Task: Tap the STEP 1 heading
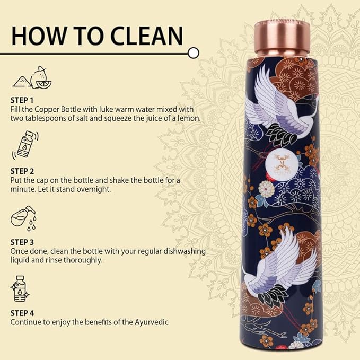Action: pyautogui.click(x=22, y=100)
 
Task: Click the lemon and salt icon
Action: pyautogui.click(x=31, y=77)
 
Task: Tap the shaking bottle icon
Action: pyautogui.click(x=21, y=146)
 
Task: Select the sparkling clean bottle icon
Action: pyautogui.click(x=20, y=289)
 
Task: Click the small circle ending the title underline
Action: pyautogui.click(x=194, y=52)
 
